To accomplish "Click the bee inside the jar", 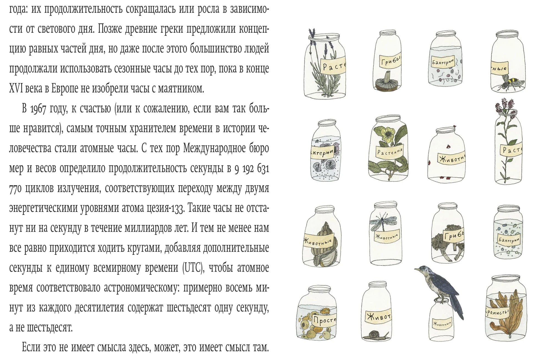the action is (508, 82).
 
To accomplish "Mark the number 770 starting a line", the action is (15, 189).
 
